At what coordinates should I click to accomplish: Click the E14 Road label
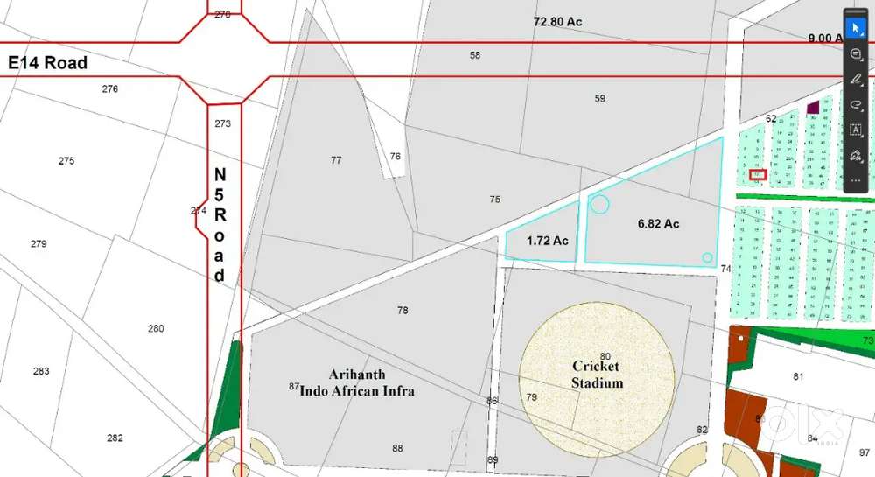click(48, 63)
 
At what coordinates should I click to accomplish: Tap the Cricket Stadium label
click(597, 374)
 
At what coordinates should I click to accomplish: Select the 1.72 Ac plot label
click(548, 241)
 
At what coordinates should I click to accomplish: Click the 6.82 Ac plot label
click(659, 224)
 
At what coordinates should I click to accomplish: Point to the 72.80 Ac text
click(558, 20)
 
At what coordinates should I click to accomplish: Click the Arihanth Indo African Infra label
click(357, 382)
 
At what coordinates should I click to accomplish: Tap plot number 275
click(66, 161)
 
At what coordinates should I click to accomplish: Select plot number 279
click(38, 243)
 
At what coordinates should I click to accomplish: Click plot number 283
click(41, 371)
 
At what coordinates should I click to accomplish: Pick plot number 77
click(336, 160)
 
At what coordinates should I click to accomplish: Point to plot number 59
click(599, 99)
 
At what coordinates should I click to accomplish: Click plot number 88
click(397, 449)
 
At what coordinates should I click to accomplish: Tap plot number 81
click(798, 377)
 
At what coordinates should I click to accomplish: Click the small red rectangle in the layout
click(758, 174)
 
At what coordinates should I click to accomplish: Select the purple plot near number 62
click(813, 108)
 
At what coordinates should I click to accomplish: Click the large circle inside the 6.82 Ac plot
click(599, 205)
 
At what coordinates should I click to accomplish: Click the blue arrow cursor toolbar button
click(856, 28)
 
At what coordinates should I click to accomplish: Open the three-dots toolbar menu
click(856, 180)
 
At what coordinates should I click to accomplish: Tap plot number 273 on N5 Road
click(222, 123)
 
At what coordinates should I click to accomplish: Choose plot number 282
click(115, 438)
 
